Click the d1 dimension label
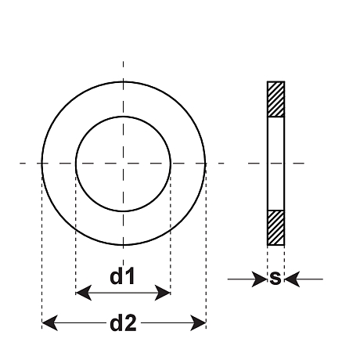(x=122, y=276)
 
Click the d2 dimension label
(x=123, y=323)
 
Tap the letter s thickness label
(x=275, y=278)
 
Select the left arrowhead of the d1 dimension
(x=84, y=293)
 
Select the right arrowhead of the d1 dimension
(x=163, y=293)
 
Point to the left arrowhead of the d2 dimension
(x=50, y=323)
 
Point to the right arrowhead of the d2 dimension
(x=198, y=323)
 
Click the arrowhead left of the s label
(x=260, y=279)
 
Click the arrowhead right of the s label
(x=292, y=279)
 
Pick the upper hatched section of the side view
(x=275, y=99)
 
